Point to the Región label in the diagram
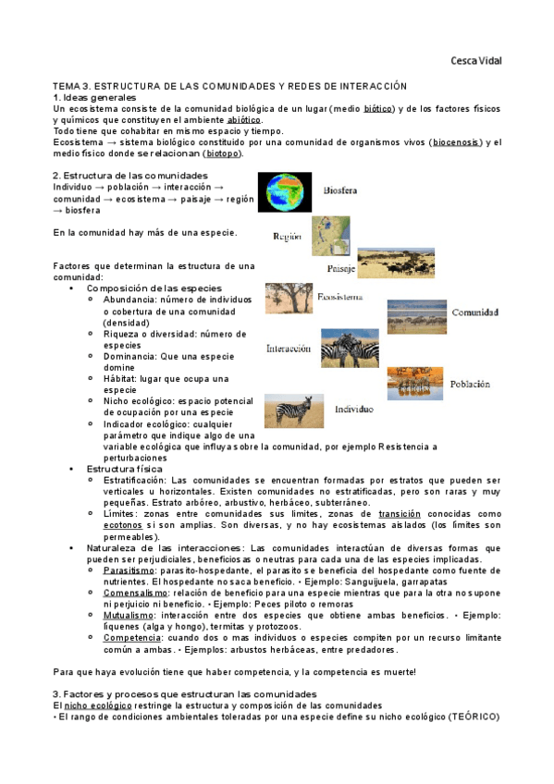point(288,237)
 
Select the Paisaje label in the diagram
point(341,269)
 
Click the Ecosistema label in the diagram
point(339,298)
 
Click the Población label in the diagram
point(470,383)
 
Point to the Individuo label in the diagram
point(353,408)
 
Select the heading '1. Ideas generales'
point(94,97)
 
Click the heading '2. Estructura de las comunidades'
point(130,175)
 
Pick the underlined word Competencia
point(131,637)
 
